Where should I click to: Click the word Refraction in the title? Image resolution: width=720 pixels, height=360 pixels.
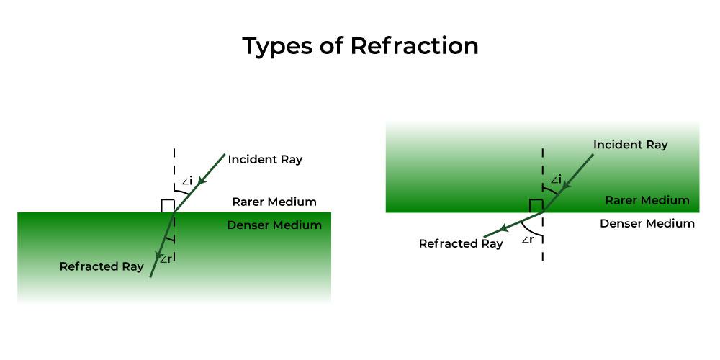coord(414,46)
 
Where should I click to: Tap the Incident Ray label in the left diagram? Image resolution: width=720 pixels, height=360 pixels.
coord(265,159)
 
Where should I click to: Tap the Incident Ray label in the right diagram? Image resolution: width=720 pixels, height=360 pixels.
coord(630,145)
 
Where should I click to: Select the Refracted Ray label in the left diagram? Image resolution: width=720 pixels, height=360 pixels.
coord(102,266)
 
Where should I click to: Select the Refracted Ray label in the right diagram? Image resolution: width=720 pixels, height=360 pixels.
coord(461,243)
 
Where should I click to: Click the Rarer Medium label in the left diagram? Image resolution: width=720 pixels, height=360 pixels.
coord(274,202)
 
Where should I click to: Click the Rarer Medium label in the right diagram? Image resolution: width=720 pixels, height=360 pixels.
coord(647,200)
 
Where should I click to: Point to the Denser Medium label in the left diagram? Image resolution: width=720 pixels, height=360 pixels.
coord(274,225)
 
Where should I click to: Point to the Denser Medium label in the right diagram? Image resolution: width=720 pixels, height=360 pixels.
coord(647,223)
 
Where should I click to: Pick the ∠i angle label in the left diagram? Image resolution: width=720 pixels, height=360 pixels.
coord(186,181)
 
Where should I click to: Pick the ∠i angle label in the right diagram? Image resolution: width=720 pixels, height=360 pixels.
coord(555,179)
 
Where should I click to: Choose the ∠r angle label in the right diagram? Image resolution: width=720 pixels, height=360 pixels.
coord(527,240)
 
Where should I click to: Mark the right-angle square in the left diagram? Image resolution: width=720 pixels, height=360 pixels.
coord(167,206)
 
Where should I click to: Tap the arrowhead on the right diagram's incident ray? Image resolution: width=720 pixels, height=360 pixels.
coord(566,186)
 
